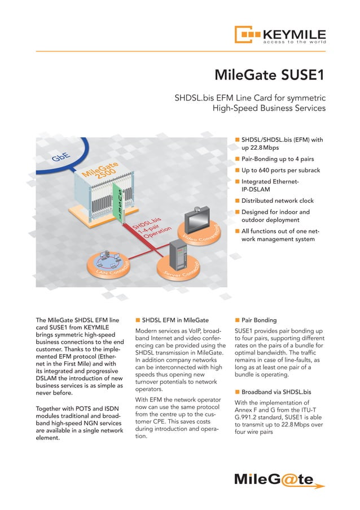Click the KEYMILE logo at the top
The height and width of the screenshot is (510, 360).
[x=280, y=34]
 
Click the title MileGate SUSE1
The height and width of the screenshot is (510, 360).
[x=271, y=75]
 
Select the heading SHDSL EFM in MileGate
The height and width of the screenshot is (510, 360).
[x=175, y=320]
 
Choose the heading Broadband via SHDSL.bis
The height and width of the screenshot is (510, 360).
[x=276, y=391]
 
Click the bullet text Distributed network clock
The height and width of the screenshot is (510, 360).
[x=278, y=200]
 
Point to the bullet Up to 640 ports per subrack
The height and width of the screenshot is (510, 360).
[x=281, y=170]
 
